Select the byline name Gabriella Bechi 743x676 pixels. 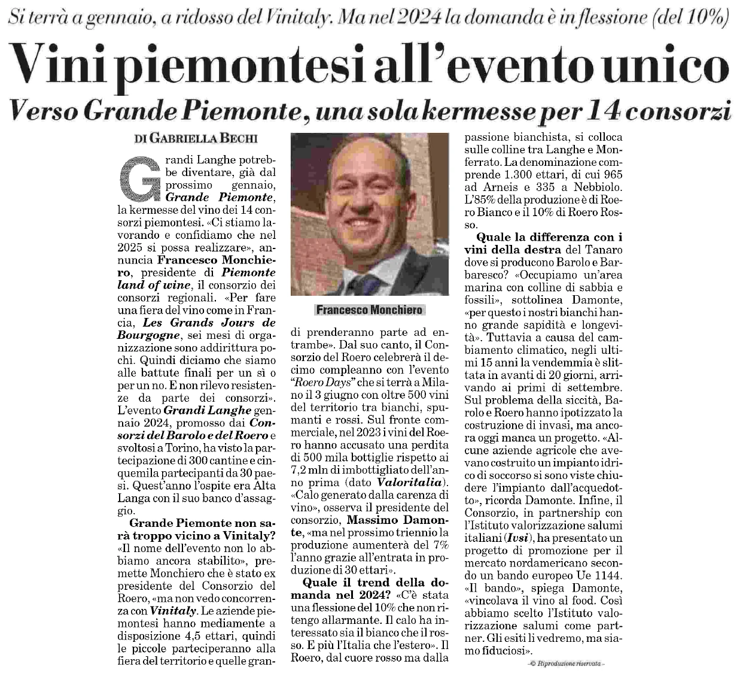[204, 138]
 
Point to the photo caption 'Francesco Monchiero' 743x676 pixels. [369, 310]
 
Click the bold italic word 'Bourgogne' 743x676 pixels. [149, 335]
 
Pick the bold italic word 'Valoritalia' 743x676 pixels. [410, 483]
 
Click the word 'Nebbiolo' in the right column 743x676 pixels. [599, 187]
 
